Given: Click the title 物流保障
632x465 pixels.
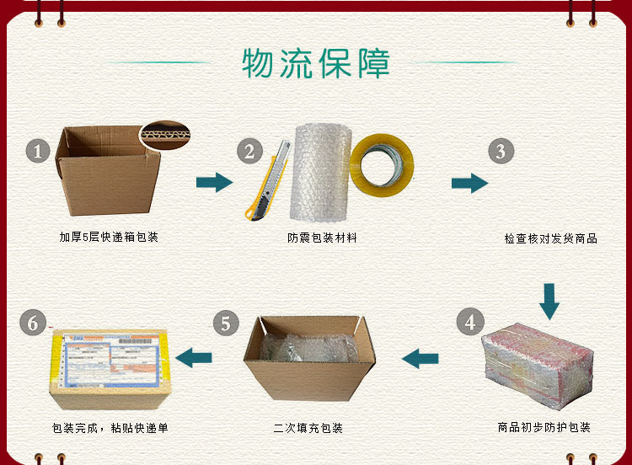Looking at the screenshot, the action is [316, 63].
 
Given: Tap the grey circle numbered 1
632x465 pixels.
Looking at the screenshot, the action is [38, 151].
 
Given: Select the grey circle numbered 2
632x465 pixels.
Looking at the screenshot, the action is [250, 151].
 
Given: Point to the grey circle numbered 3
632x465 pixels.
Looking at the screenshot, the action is [501, 151].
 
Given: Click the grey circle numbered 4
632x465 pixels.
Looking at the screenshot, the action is [470, 322].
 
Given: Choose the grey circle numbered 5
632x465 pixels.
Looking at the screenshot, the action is [226, 323].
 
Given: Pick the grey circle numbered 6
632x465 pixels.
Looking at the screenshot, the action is [33, 322].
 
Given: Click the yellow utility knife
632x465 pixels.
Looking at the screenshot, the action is [267, 181].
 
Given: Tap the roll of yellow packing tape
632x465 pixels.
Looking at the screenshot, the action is [382, 165].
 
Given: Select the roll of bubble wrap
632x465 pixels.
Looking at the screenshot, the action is [321, 173].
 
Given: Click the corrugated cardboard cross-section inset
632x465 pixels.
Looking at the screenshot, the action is [165, 135].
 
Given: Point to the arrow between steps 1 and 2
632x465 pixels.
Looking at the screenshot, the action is [214, 183].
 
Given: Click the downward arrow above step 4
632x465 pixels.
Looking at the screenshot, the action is [549, 302].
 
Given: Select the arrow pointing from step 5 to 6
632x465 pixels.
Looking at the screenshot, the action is [194, 358].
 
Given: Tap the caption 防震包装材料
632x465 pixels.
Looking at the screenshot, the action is [322, 238].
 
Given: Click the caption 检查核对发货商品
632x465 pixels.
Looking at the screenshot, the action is [550, 238].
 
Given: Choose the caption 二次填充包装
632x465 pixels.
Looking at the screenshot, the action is [308, 428].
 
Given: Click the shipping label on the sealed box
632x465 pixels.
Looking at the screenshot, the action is [110, 359].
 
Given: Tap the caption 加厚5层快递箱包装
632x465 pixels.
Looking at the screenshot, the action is [109, 237].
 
